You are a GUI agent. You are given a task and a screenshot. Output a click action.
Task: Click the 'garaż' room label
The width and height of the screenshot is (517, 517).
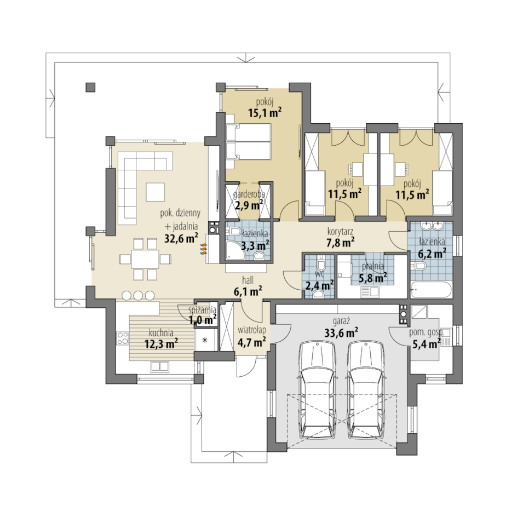(341, 321)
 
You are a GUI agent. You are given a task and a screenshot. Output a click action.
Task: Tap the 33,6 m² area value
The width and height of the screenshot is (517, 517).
(341, 332)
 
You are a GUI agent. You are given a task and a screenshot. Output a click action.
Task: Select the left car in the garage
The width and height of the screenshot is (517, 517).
(317, 390)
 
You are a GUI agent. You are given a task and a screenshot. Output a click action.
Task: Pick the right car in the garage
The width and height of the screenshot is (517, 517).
(366, 390)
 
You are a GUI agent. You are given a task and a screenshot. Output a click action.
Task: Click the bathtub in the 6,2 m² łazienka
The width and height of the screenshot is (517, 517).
(430, 290)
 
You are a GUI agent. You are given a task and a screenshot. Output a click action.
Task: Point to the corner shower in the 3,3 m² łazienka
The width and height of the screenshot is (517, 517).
(235, 250)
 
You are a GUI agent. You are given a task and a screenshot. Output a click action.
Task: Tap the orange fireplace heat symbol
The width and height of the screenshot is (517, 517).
(203, 249)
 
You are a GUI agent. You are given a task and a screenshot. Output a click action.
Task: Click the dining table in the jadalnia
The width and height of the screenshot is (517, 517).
(145, 259)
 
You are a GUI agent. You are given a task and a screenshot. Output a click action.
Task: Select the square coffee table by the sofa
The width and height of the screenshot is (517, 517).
(155, 192)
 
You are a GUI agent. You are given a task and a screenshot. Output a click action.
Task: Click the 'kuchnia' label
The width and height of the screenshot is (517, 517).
(161, 332)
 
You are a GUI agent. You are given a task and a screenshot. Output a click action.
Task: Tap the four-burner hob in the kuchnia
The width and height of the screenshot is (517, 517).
(122, 338)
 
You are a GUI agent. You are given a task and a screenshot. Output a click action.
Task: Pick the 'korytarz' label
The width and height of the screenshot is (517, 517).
(340, 232)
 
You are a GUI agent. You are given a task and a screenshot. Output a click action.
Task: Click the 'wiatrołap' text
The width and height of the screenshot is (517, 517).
(252, 330)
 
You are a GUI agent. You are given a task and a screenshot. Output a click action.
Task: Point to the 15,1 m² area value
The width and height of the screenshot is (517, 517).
(265, 113)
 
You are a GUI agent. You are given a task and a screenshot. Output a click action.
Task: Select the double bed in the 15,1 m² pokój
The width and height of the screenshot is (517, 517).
(248, 142)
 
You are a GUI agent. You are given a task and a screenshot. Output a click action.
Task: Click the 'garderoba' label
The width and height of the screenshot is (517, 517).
(249, 194)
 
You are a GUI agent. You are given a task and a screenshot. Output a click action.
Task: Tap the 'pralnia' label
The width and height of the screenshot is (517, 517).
(373, 266)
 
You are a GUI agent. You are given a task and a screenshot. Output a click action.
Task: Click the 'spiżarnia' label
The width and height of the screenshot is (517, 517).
(203, 310)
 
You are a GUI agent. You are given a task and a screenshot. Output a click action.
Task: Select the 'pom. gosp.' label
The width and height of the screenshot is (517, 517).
(427, 332)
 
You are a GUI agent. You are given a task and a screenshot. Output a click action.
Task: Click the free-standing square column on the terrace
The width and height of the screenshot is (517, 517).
(91, 87)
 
